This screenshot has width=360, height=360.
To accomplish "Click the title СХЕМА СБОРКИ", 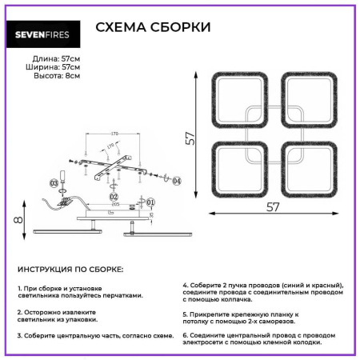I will pyautogui.click(x=153, y=27).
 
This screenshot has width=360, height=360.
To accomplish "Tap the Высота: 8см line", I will pyautogui.click(x=57, y=77).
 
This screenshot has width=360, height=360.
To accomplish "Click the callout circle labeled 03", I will pyautogui.click(x=54, y=183).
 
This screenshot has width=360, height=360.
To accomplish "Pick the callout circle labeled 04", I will pyautogui.click(x=177, y=182).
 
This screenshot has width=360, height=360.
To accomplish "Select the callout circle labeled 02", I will pyautogui.click(x=114, y=196).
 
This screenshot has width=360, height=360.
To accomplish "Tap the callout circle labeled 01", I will pyautogui.click(x=150, y=202).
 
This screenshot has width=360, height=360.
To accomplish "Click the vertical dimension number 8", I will pyautogui.click(x=14, y=218).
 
